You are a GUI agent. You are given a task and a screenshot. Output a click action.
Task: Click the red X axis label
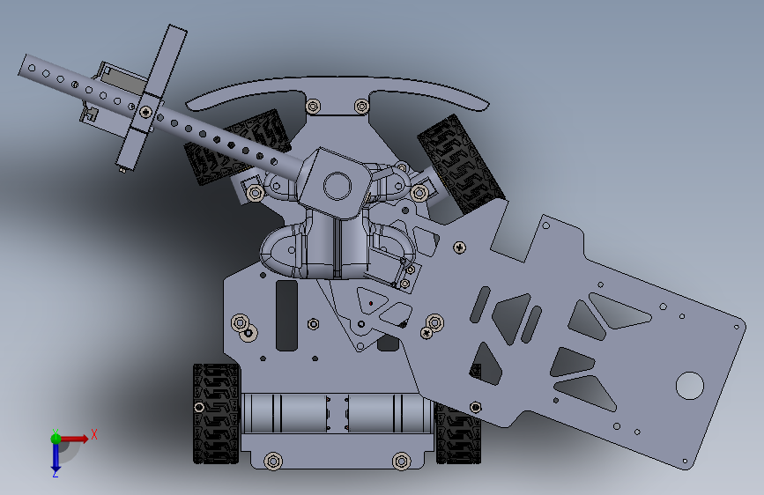tap(94, 434)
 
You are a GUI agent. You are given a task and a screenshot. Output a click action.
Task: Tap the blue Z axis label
tap(55, 473)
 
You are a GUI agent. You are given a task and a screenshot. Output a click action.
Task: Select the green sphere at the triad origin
tap(56, 439)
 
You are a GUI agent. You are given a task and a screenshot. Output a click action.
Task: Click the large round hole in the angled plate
tap(689, 386)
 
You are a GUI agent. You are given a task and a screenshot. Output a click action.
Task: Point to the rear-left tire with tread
tap(217, 413)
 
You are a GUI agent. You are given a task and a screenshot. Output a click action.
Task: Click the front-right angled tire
tap(461, 165)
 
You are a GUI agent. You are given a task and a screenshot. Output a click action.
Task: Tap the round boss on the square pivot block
tap(337, 186)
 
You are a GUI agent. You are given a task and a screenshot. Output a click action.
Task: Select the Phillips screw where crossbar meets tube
tap(145, 112)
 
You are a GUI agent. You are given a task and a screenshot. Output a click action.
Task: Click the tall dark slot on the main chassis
tap(286, 315)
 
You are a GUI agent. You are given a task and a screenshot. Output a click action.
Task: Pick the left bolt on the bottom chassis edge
tap(273, 461)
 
